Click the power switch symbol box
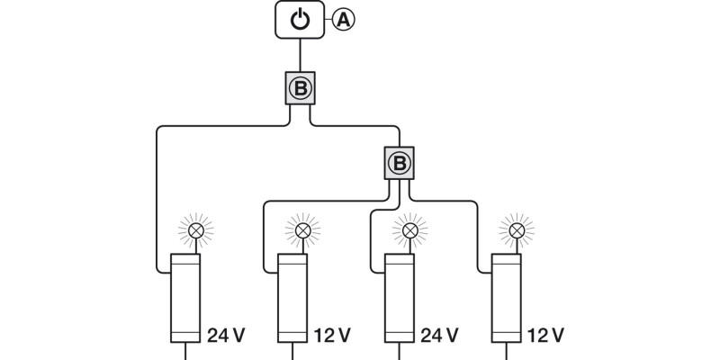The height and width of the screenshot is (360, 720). pyautogui.click(x=301, y=20)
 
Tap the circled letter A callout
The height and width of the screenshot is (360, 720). pyautogui.click(x=343, y=19)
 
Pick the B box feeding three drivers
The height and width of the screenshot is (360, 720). pyautogui.click(x=400, y=163)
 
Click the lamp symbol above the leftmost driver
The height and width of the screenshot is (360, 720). pyautogui.click(x=193, y=231)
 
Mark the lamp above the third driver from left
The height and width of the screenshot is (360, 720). pyautogui.click(x=409, y=231)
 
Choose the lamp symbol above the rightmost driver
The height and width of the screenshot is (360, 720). pyautogui.click(x=517, y=231)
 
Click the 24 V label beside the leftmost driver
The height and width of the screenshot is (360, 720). pyautogui.click(x=226, y=336)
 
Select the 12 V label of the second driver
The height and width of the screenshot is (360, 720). pyautogui.click(x=331, y=336)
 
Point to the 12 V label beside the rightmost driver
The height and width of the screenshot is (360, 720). pyautogui.click(x=546, y=336)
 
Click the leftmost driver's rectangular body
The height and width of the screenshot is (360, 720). pyautogui.click(x=185, y=297)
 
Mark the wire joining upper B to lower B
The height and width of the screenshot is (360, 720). pyautogui.click(x=360, y=127)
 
